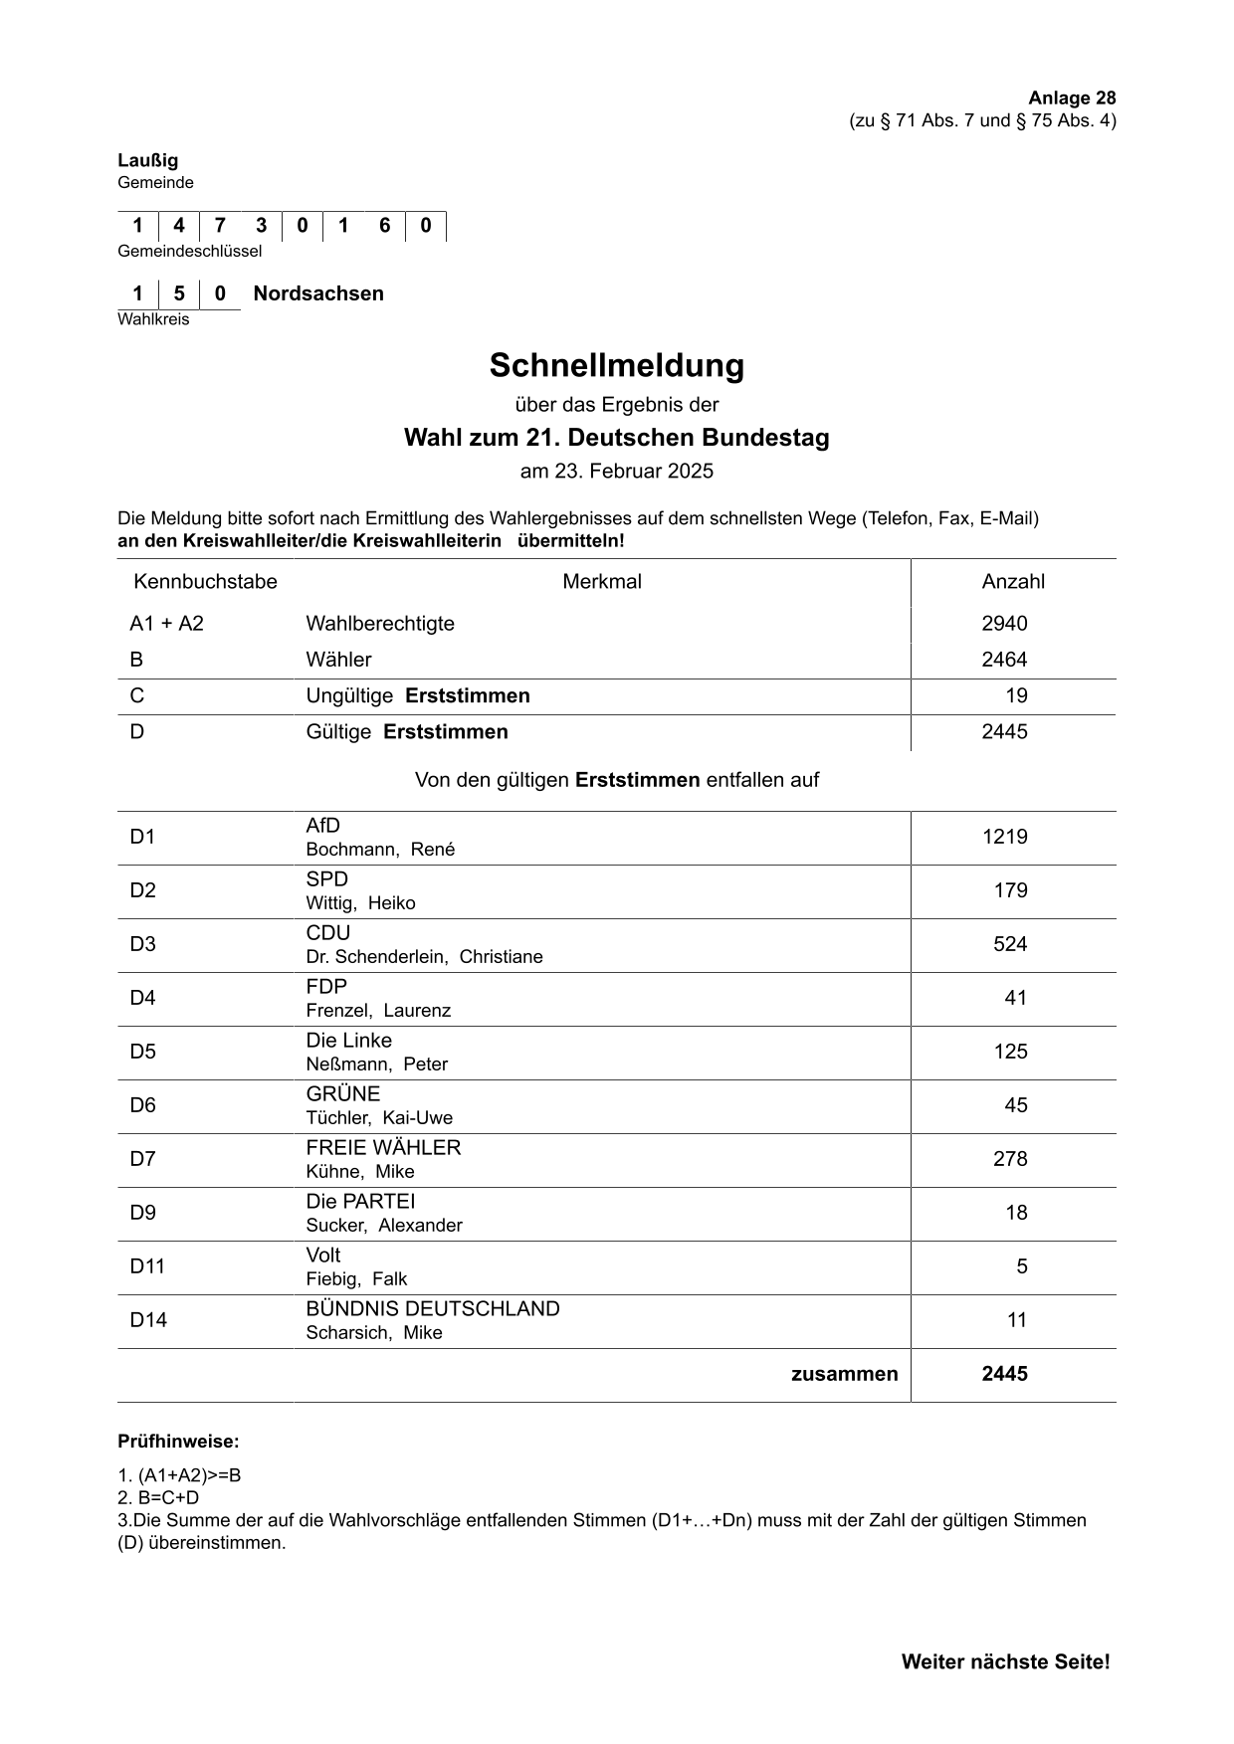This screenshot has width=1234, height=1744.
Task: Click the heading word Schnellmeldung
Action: (x=616, y=366)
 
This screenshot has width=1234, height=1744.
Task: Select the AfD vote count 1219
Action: (x=1004, y=837)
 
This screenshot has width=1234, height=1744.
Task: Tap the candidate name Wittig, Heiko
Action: (x=360, y=903)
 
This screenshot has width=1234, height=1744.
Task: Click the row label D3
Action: (x=142, y=944)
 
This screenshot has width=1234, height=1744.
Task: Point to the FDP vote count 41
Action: (x=1015, y=998)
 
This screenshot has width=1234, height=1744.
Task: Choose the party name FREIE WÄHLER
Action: (x=383, y=1148)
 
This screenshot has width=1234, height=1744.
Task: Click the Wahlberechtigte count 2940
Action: (x=1004, y=624)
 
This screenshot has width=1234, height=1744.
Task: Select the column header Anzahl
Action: (x=1013, y=582)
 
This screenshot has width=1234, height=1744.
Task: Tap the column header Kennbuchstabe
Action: (x=205, y=582)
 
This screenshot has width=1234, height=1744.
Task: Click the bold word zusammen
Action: (x=844, y=1374)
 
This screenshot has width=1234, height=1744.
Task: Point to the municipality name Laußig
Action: (x=147, y=160)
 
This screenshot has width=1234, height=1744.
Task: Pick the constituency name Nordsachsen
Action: (x=318, y=293)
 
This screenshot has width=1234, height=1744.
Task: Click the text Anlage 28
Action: (x=1072, y=97)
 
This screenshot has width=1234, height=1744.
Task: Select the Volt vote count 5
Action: (x=1021, y=1266)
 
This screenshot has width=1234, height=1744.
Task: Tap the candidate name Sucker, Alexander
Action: (x=384, y=1226)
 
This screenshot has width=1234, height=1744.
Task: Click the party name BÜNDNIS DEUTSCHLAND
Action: (x=433, y=1309)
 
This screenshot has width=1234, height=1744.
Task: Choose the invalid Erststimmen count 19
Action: (x=1016, y=695)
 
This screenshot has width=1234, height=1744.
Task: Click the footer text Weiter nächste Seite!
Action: (x=1005, y=1661)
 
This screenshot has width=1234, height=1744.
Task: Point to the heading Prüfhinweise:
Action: (x=178, y=1442)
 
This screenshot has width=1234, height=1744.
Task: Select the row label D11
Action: (x=147, y=1266)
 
